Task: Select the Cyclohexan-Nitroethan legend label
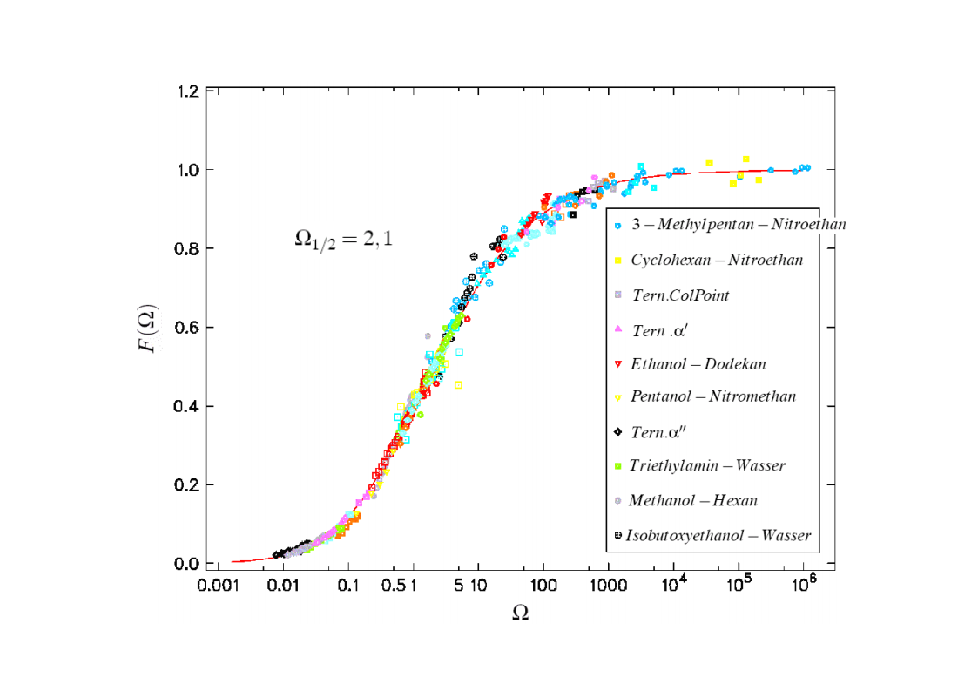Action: point(717,260)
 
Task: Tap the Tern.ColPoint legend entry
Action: point(680,295)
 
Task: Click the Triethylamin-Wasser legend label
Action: point(707,465)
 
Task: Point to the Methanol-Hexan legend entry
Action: point(692,500)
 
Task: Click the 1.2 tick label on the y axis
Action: point(191,91)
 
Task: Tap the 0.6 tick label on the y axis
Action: point(191,328)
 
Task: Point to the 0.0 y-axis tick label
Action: point(191,564)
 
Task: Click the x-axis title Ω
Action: point(520,613)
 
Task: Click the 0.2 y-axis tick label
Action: point(191,485)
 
